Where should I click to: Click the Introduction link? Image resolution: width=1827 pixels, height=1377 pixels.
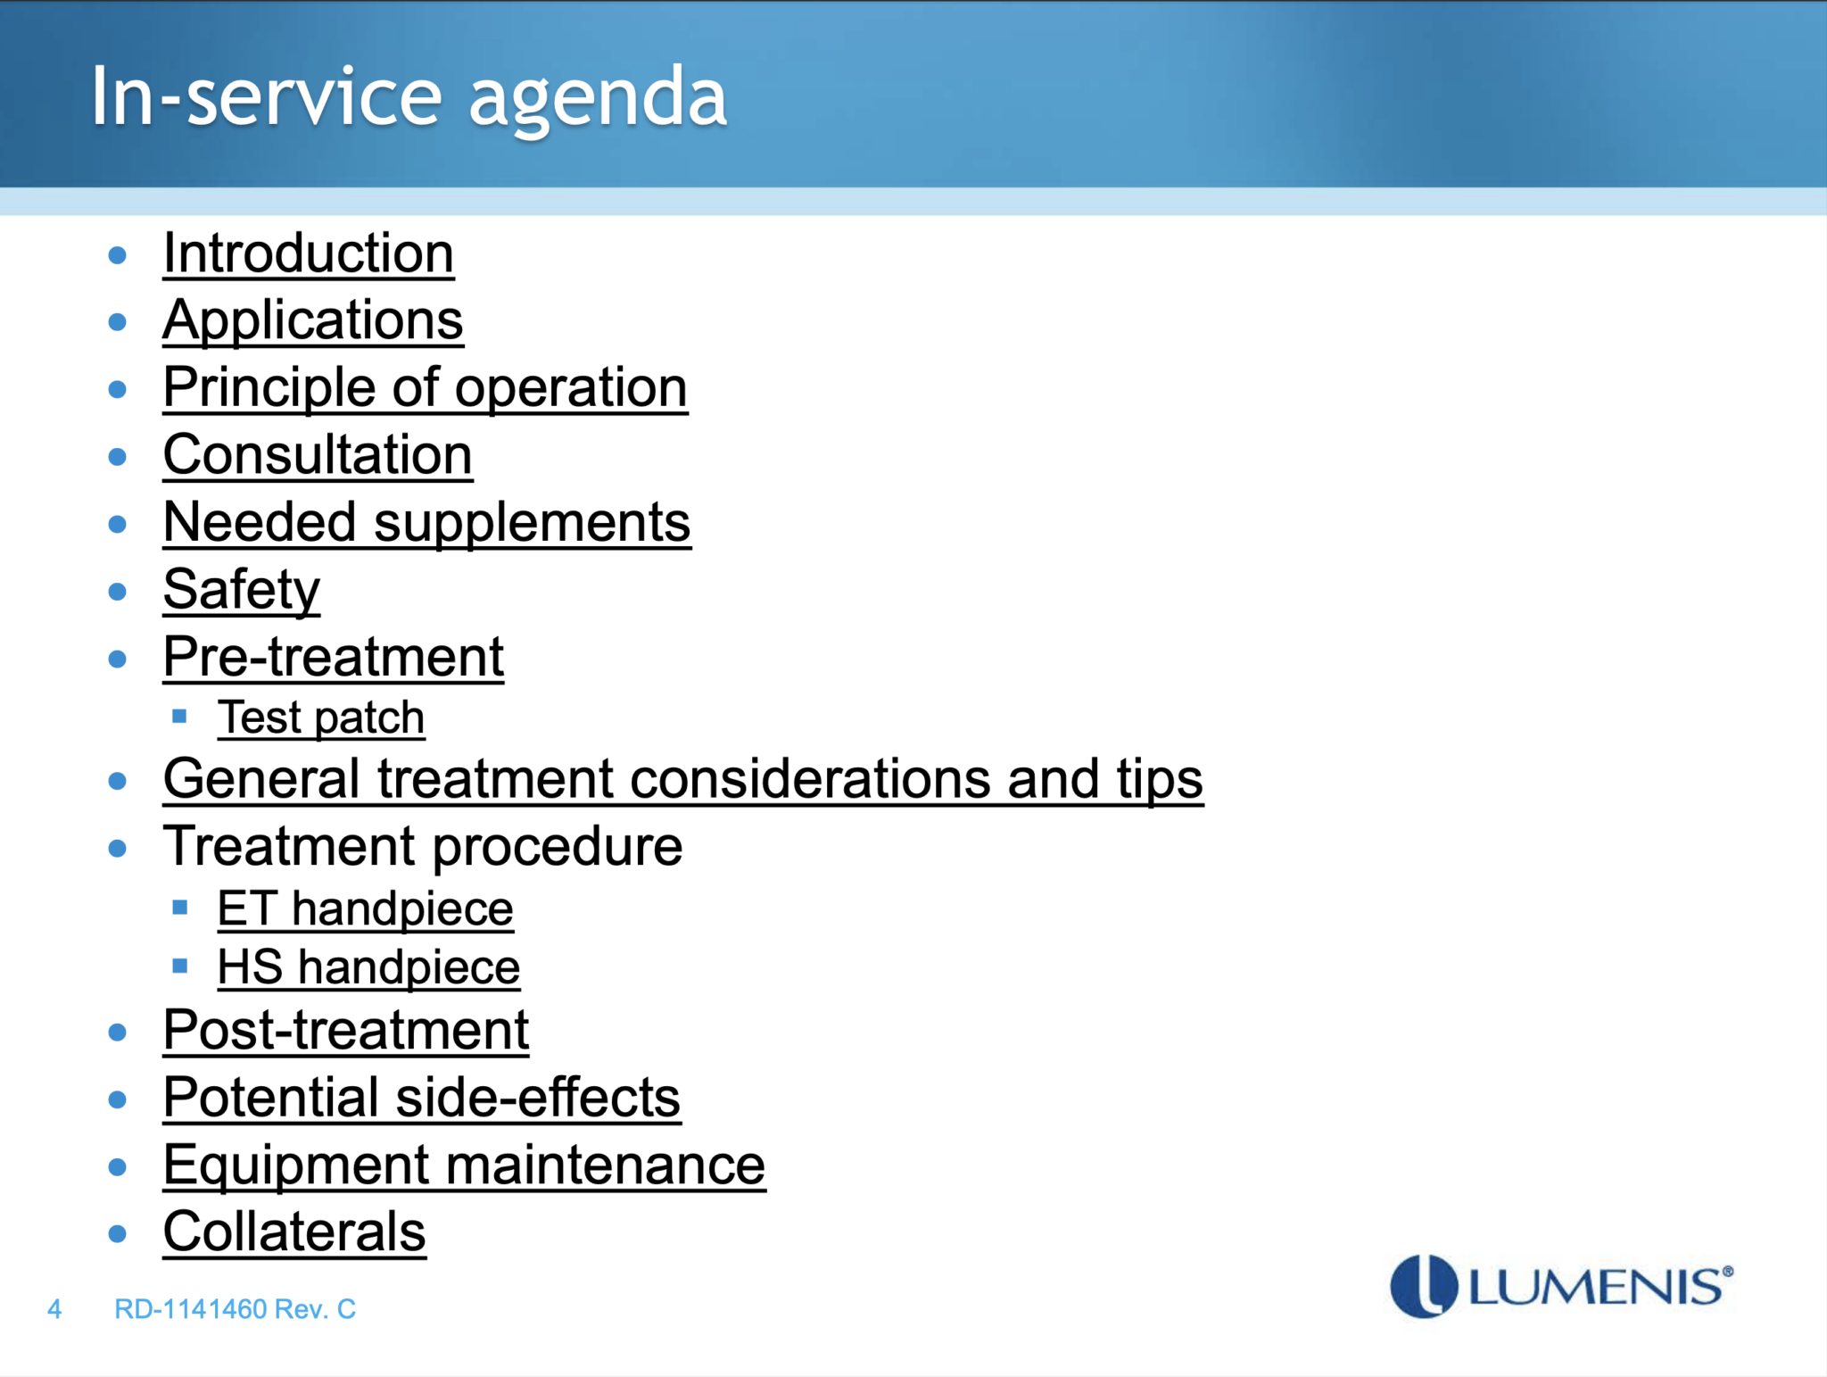308,253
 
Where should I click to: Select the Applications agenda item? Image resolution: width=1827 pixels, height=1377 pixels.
312,320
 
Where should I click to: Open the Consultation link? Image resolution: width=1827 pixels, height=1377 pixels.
317,455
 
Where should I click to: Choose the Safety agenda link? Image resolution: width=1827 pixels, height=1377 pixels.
241,590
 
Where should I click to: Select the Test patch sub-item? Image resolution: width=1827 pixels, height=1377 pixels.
320,718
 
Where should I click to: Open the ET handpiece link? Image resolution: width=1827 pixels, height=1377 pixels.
365,909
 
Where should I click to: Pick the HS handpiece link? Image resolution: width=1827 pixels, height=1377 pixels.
368,967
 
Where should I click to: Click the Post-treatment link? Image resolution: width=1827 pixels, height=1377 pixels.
345,1031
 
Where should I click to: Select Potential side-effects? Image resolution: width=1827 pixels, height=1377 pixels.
421,1098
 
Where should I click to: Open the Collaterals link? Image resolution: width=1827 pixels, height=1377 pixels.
293,1232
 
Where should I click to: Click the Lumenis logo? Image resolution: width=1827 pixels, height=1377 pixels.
1560,1286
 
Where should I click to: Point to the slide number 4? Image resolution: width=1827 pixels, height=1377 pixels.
54,1309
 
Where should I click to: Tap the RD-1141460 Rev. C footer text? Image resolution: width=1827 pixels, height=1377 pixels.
235,1309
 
